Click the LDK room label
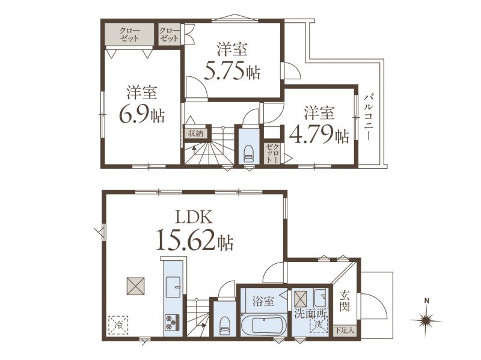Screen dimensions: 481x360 point(194,217)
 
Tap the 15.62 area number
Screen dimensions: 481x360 point(186,240)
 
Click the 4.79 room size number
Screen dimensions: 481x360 point(310,133)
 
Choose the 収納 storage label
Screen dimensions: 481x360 point(195,133)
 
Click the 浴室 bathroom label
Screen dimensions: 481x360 point(263,302)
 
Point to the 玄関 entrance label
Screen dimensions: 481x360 point(344,301)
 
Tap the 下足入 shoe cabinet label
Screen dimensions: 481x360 point(345,331)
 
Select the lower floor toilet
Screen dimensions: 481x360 point(224,325)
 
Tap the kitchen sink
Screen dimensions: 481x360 point(173,287)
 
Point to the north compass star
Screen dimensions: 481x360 point(426,321)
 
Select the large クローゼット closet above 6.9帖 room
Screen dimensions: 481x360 point(129,34)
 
